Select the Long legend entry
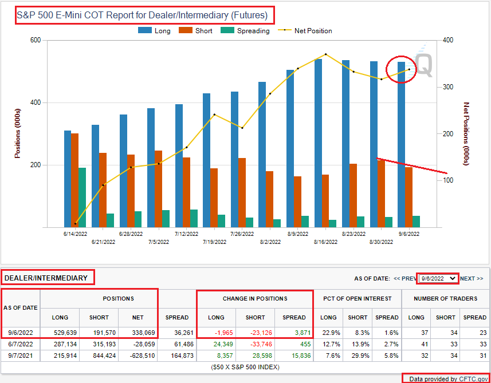pyautogui.click(x=155, y=31)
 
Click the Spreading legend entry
pyautogui.click(x=246, y=31)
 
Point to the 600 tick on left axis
pyautogui.click(x=35, y=40)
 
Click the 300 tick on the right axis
pyautogui.click(x=449, y=87)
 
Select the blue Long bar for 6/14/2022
pyautogui.click(x=68, y=179)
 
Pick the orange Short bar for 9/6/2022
pyautogui.click(x=408, y=197)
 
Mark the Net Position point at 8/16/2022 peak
pyautogui.click(x=325, y=54)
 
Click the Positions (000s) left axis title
pyautogui.click(x=18, y=133)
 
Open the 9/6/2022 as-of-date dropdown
pyautogui.click(x=438, y=278)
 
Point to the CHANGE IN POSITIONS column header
pyautogui.click(x=254, y=298)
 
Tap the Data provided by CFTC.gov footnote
pyautogui.click(x=445, y=378)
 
